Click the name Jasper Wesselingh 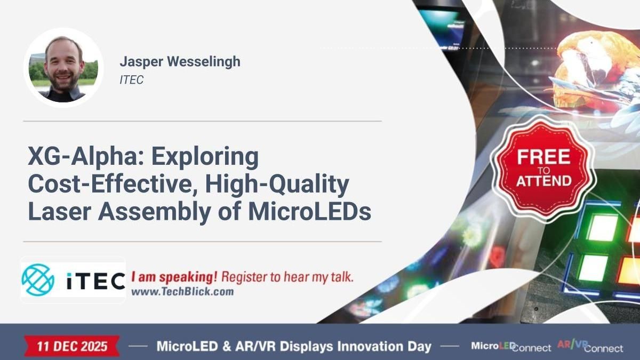pyautogui.click(x=180, y=61)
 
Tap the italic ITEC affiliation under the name pyautogui.click(x=132, y=80)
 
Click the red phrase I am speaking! pyautogui.click(x=174, y=277)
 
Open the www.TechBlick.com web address pyautogui.click(x=182, y=292)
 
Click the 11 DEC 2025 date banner pyautogui.click(x=72, y=346)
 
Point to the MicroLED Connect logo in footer pyautogui.click(x=510, y=347)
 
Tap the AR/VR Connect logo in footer pyautogui.click(x=590, y=347)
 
